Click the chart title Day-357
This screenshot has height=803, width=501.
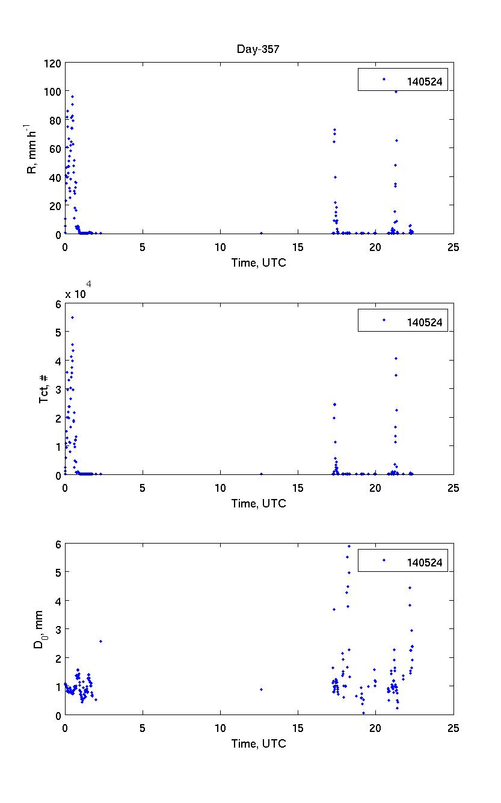click(258, 49)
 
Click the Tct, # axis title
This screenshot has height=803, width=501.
click(43, 389)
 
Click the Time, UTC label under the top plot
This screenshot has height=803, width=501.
click(259, 264)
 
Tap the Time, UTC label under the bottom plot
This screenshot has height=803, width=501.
click(259, 743)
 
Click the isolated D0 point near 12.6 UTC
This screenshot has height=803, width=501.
click(261, 689)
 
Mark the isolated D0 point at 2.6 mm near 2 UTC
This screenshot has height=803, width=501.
click(100, 641)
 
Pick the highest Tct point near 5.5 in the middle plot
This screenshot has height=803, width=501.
click(72, 317)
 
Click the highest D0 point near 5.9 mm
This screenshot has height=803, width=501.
click(349, 546)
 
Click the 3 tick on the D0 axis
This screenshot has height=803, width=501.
click(57, 629)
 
